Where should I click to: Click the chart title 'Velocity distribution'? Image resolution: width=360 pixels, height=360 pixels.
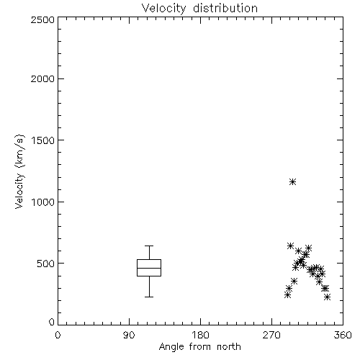[x=199, y=8]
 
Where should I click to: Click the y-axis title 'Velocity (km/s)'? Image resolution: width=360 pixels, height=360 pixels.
[x=19, y=171]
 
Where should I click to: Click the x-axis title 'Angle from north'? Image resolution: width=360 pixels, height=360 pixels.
[x=199, y=346]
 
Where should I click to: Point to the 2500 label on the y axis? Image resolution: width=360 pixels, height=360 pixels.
[x=42, y=19]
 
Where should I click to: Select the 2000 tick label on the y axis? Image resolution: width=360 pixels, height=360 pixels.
[x=42, y=78]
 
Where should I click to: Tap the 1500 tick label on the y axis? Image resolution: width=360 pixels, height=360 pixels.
[x=43, y=140]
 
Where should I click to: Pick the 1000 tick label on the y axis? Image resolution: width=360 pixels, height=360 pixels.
[x=43, y=202]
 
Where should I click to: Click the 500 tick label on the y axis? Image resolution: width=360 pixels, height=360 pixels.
[x=46, y=264]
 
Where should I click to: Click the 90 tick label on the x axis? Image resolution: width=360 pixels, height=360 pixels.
[x=129, y=335]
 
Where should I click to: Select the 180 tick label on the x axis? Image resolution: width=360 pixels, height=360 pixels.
[x=200, y=335]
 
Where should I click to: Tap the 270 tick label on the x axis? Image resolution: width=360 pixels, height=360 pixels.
[x=271, y=335]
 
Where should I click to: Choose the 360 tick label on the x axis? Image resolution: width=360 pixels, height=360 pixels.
[x=343, y=335]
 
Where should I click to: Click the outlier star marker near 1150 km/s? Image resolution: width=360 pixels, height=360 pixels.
[x=292, y=181]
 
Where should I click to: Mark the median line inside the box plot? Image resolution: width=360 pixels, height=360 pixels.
[x=149, y=268]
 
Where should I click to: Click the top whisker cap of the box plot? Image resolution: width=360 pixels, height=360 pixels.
[x=149, y=246]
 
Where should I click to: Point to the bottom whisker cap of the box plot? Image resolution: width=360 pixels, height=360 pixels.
[x=149, y=297]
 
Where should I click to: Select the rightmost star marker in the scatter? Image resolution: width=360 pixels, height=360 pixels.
[x=327, y=297]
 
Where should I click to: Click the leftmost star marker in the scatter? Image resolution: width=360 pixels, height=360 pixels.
[x=287, y=295]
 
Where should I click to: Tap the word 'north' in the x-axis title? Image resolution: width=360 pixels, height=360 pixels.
[x=229, y=346]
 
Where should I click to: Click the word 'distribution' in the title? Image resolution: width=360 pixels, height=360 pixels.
[x=225, y=8]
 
